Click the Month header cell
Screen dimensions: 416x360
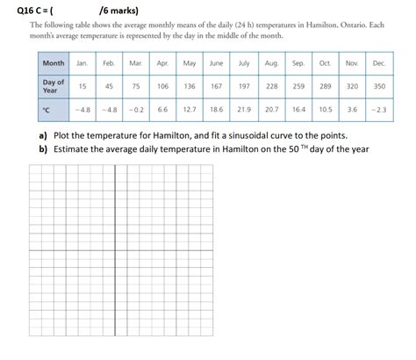click(53, 64)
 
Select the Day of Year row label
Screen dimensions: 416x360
click(53, 86)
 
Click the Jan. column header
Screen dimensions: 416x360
click(82, 64)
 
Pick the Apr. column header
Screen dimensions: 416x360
click(163, 64)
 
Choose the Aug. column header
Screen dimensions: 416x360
click(271, 64)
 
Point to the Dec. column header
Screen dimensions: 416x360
click(379, 64)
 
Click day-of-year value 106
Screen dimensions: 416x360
click(163, 87)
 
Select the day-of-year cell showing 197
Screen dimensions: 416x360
click(244, 87)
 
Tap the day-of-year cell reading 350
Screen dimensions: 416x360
click(379, 87)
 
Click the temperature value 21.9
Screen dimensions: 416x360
click(244, 109)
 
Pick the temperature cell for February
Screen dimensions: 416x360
click(109, 109)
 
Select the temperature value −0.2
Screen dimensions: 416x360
click(136, 109)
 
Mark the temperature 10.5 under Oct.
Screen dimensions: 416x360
click(325, 109)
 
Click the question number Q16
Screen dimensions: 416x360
click(16, 11)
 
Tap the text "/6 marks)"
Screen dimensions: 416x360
click(119, 11)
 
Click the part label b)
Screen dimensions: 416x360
click(42, 149)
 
